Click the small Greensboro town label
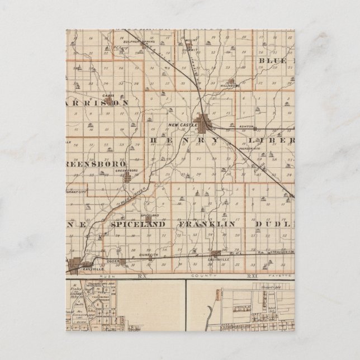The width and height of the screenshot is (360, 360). click(x=126, y=170)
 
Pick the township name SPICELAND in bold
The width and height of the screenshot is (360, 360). click(x=138, y=224)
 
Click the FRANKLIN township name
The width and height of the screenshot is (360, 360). click(x=206, y=224)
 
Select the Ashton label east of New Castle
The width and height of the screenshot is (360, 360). click(x=246, y=127)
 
